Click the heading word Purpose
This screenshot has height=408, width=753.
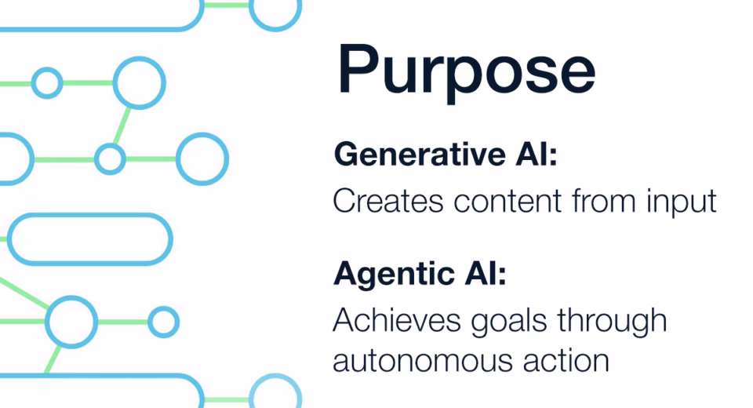coord(466,72)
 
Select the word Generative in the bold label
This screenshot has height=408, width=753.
coord(420,155)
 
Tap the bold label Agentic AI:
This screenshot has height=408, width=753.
coord(420,273)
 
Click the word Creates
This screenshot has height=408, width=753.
coord(388,201)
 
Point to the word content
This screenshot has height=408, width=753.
coord(507,201)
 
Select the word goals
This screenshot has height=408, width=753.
coord(509,321)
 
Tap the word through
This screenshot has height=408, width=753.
coord(613,320)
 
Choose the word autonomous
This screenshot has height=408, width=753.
coord(423,360)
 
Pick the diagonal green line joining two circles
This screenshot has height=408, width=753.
coord(122,126)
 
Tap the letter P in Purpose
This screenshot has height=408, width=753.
coord(359,68)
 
